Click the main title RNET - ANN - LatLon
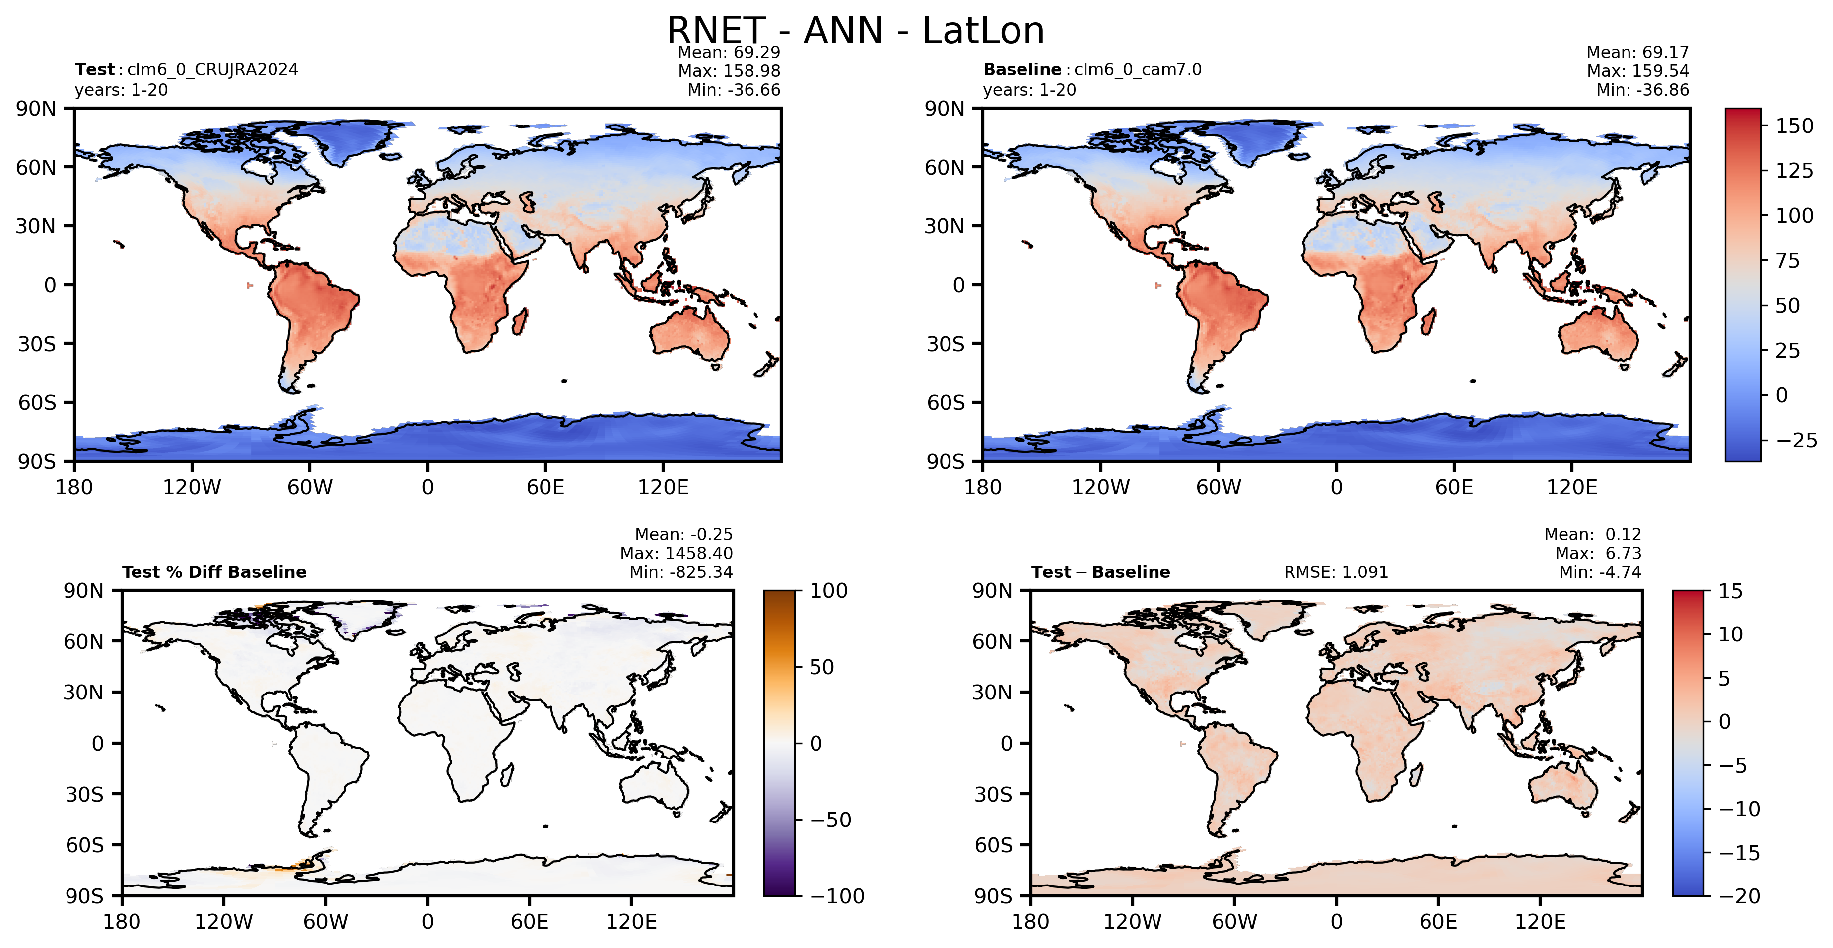855,31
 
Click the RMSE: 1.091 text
1336,572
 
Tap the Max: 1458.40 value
676,553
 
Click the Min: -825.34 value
681,572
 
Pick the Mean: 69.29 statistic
729,52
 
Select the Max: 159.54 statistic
1637,71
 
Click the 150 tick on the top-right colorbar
1794,126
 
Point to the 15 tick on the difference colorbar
1731,591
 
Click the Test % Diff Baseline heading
214,572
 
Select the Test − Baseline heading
1101,572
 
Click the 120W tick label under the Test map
192,487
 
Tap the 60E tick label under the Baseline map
1454,487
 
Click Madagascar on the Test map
520,321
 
